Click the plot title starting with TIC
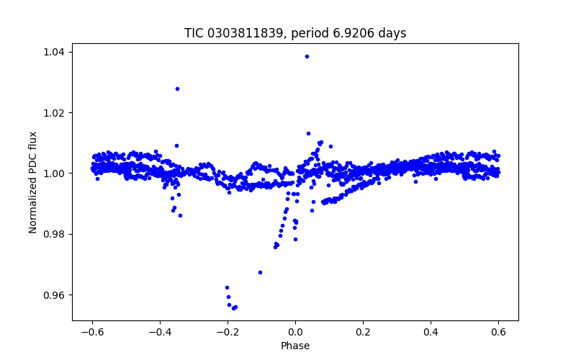click(x=295, y=33)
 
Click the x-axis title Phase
click(x=295, y=346)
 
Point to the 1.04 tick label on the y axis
click(x=53, y=52)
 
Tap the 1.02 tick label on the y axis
click(x=53, y=113)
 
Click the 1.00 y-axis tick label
click(x=53, y=174)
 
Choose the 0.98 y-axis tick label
click(x=53, y=234)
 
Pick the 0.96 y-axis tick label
click(x=53, y=295)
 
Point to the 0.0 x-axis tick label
click(x=295, y=333)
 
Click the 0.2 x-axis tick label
click(x=363, y=333)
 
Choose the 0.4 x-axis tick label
click(x=431, y=333)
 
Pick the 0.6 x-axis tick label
click(x=498, y=333)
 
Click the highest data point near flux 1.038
click(x=307, y=56)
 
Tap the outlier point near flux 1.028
click(x=177, y=89)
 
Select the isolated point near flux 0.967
click(x=260, y=272)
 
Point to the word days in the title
click(x=395, y=33)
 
